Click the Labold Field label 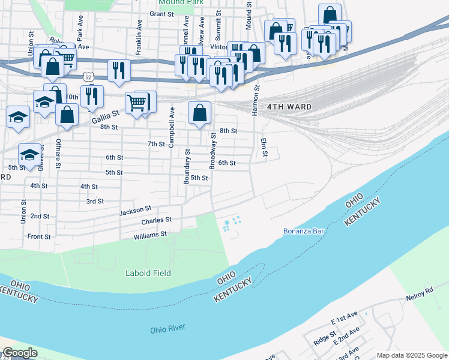pos(148,274)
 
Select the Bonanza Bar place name pos(304,231)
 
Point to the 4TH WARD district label pos(289,107)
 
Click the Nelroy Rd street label pos(420,290)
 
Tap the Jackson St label pos(135,211)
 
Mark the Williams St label pos(150,235)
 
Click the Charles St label pos(156,221)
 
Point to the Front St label pos(39,236)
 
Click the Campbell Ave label pos(171,128)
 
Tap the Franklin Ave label pos(139,37)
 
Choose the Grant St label pos(161,13)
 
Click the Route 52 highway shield pos(88,77)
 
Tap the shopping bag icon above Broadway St pos(200,112)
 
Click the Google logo pos(20,353)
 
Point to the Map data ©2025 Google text pos(411,355)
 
